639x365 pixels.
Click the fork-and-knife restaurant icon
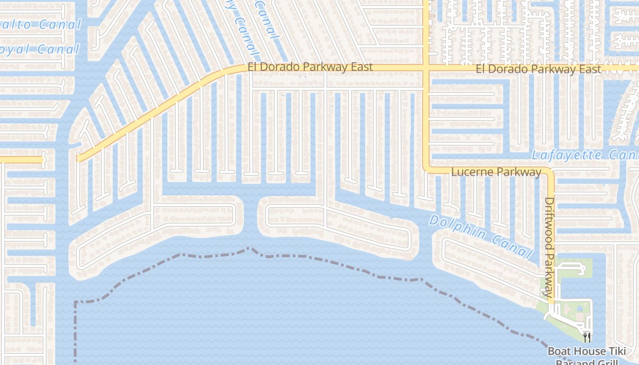click(x=587, y=337)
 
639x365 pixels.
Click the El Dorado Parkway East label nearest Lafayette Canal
click(x=539, y=69)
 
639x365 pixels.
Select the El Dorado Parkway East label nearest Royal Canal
click(x=310, y=67)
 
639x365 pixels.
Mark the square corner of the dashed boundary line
click(x=75, y=302)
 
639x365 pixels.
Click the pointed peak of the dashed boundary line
click(x=249, y=248)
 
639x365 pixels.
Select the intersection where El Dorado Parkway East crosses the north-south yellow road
click(x=426, y=68)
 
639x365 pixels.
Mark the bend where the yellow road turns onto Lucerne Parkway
click(x=426, y=169)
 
